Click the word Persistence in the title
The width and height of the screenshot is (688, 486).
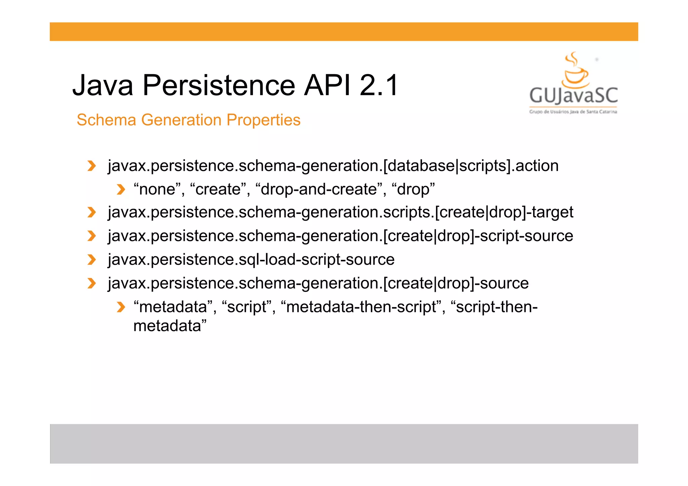[x=219, y=85]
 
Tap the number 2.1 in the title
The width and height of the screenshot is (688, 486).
[x=379, y=85]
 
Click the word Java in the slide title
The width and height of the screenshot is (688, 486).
[x=103, y=85]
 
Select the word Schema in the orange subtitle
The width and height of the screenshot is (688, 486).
[x=106, y=120]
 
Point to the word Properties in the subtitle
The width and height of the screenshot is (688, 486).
[x=263, y=120]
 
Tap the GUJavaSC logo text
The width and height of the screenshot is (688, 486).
[x=573, y=95]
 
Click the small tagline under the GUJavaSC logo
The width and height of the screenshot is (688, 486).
[x=573, y=112]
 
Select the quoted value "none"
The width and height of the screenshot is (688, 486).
[x=157, y=189]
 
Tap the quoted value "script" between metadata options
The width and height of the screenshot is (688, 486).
[x=247, y=307]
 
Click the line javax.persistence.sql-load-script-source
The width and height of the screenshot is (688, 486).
[x=251, y=259]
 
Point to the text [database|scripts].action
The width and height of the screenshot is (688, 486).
[x=470, y=166]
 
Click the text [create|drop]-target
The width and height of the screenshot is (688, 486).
[x=504, y=212]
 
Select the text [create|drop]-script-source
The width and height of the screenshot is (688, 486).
[x=478, y=236]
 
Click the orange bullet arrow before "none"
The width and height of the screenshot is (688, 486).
[x=121, y=189]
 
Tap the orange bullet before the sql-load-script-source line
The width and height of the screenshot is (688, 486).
[x=91, y=260]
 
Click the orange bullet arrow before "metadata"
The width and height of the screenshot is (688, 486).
[x=121, y=307]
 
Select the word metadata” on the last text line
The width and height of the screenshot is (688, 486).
[x=170, y=326]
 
